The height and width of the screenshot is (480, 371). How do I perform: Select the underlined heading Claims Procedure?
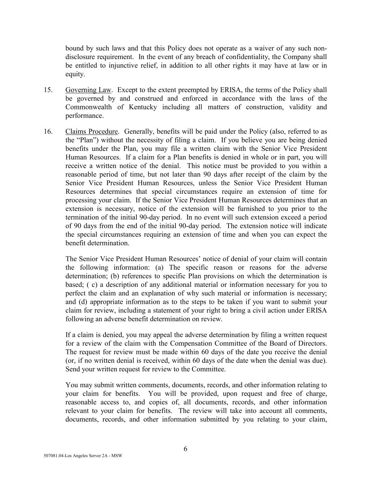tap(91, 132)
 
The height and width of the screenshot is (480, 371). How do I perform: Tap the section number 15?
tap(48, 90)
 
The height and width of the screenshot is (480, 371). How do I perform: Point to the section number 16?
tap(48, 132)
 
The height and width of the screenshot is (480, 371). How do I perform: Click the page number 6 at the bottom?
tap(185, 449)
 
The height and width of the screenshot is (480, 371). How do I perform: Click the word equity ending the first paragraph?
tap(75, 74)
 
